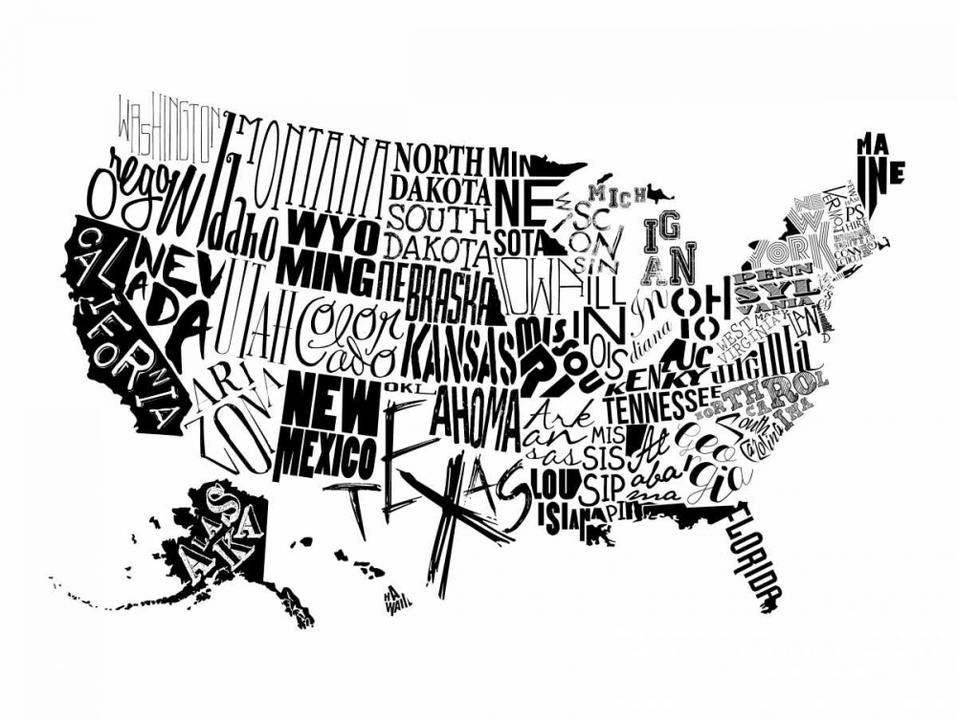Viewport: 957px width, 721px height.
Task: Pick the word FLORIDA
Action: (756, 559)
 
